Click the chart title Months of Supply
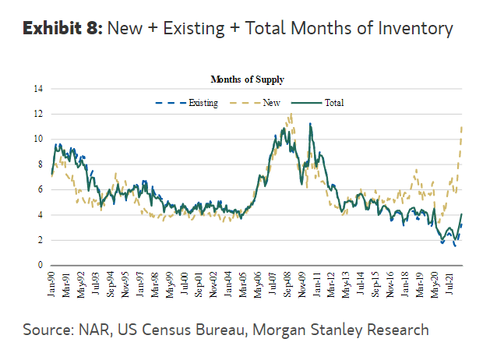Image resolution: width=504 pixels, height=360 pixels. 247,79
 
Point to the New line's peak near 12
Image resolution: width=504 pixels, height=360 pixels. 291,115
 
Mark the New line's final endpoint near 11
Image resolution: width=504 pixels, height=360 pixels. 463,127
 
